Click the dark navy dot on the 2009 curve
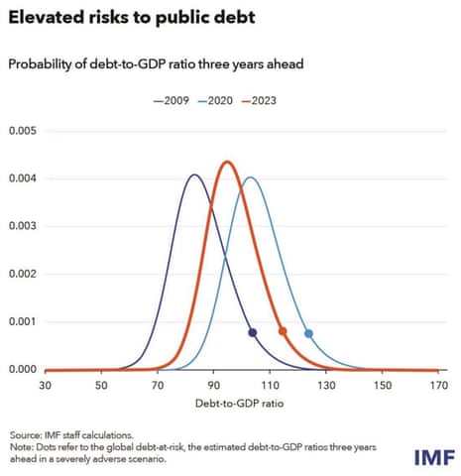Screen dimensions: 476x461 [x=252, y=333]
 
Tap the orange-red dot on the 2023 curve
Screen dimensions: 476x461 [x=283, y=331]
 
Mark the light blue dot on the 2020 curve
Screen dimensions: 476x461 [x=308, y=334]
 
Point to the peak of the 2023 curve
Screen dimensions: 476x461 [x=227, y=162]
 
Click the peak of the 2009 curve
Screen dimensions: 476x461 [x=194, y=176]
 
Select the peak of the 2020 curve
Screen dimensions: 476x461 [x=251, y=178]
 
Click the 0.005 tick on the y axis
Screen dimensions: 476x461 [x=23, y=132]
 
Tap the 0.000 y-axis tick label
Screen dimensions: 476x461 [x=23, y=370]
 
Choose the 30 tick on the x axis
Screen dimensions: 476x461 [x=45, y=385]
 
